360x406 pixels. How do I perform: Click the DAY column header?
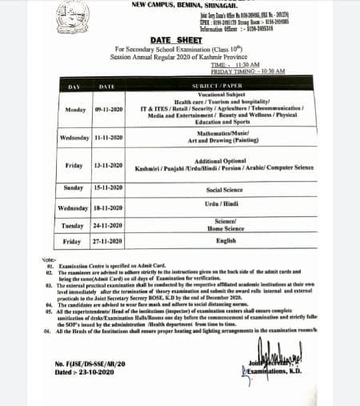click(x=74, y=85)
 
